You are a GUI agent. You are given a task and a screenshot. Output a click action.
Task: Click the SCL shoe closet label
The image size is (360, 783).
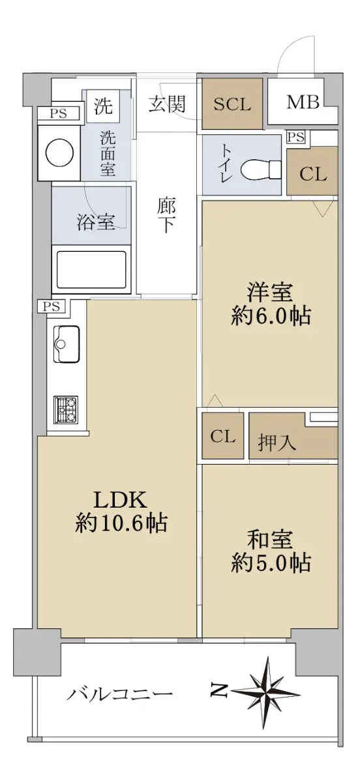[232, 104]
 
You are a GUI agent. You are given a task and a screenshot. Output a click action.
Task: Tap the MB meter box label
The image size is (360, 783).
[303, 102]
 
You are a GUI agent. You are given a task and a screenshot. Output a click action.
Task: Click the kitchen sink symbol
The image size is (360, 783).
[67, 344]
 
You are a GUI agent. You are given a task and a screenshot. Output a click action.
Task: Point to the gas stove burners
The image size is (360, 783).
[66, 410]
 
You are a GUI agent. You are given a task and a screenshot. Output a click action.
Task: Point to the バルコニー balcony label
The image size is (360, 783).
[120, 692]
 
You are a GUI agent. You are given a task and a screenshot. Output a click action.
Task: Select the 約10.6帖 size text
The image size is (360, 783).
[121, 523]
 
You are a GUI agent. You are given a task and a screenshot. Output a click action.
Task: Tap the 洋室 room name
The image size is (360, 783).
[270, 292]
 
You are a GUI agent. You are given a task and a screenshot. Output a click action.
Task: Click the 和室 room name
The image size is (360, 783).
[270, 540]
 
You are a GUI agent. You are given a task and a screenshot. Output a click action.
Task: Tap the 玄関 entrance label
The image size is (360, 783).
[167, 104]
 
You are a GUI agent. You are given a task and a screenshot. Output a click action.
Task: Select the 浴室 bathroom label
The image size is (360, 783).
[96, 222]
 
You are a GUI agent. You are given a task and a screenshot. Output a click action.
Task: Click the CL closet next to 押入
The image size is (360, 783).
[222, 436]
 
